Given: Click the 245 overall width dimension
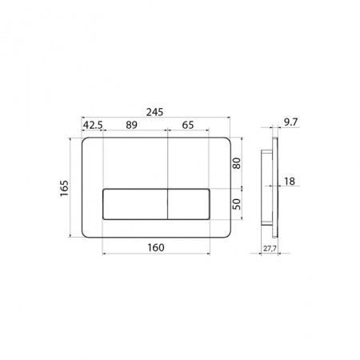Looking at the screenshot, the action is click(x=154, y=112).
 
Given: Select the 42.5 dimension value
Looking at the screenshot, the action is click(x=93, y=125).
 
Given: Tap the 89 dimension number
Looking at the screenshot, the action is click(x=131, y=125).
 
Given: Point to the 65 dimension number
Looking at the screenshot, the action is click(x=188, y=125).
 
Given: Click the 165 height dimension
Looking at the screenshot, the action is click(x=64, y=189).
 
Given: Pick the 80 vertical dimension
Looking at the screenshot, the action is click(x=237, y=163).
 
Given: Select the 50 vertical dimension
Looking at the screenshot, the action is click(x=237, y=204).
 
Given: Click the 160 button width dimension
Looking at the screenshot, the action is click(x=156, y=248).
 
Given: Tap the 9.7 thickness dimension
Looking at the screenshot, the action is click(x=290, y=122).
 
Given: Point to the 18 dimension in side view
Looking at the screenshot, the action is click(x=290, y=182).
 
